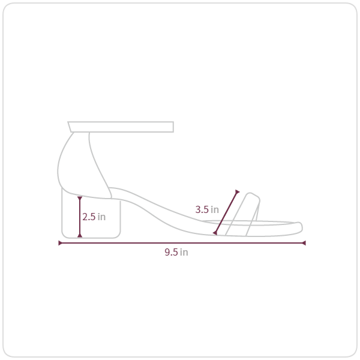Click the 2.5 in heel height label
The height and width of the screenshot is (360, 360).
(x=94, y=217)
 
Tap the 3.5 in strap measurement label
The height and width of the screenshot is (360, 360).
(x=207, y=209)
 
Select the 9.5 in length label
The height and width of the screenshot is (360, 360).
(x=176, y=252)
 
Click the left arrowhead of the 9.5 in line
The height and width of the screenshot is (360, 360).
(x=61, y=243)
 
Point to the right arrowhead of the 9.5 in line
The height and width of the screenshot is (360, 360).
(x=304, y=243)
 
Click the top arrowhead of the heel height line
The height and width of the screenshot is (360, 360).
(x=80, y=199)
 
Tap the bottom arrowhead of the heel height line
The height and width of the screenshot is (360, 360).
(x=80, y=235)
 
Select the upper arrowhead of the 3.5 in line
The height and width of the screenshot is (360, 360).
(x=237, y=192)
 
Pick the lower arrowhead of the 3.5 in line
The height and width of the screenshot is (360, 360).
(x=215, y=233)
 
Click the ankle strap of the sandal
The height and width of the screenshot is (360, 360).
(x=121, y=127)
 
